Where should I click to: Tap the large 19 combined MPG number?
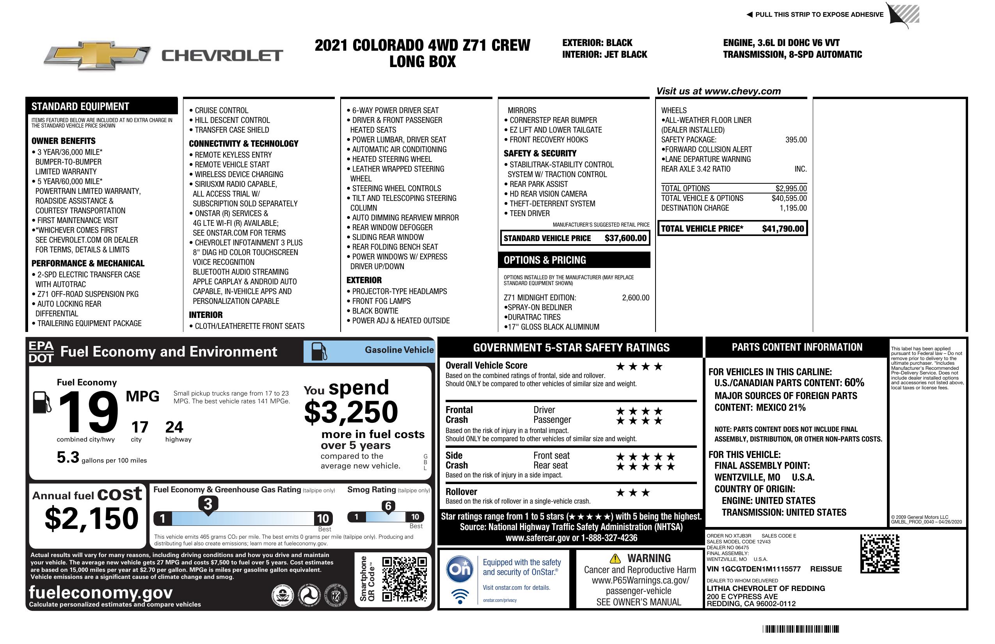[88, 412]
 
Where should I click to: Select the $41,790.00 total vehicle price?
[783, 229]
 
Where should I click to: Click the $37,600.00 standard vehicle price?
[625, 238]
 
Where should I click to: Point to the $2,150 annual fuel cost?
[91, 518]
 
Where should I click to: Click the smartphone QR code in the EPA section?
[404, 579]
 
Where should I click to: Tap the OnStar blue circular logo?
[460, 569]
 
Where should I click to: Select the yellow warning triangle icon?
[615, 558]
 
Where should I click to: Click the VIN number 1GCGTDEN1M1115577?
[753, 569]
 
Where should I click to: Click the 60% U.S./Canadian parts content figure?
[854, 382]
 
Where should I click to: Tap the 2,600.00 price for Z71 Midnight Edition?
[636, 298]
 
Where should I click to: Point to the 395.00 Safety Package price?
[796, 140]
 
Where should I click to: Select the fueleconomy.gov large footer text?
[101, 592]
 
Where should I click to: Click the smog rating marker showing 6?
[388, 507]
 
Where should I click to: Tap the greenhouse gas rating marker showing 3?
[208, 504]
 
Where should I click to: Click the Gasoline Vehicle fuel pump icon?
[319, 351]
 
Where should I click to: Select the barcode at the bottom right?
[800, 629]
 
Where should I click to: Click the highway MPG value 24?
[174, 427]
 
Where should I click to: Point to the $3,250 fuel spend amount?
[351, 412]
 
